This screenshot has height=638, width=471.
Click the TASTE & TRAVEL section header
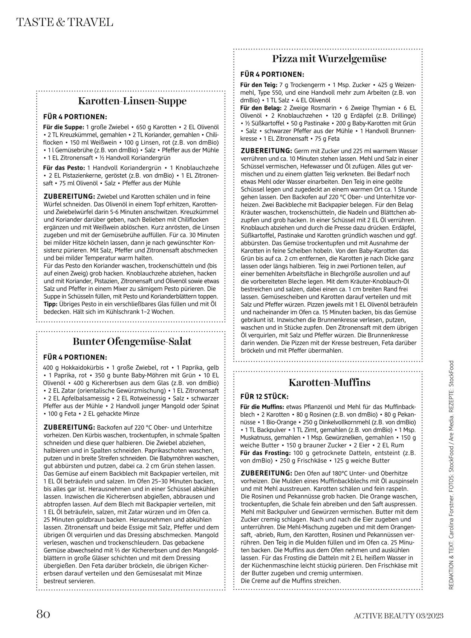[x=65, y=22]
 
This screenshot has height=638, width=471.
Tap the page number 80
[x=43, y=614]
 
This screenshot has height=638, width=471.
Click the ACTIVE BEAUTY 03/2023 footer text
[x=398, y=616]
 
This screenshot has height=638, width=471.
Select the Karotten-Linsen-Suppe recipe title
[x=132, y=101]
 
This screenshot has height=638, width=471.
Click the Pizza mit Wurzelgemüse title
[x=329, y=59]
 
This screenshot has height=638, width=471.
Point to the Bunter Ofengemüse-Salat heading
[x=132, y=341]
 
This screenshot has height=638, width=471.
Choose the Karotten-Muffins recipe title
[x=329, y=382]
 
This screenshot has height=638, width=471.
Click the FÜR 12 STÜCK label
[x=265, y=397]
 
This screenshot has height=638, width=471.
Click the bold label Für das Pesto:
[x=64, y=168]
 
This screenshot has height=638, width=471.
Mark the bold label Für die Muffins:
[x=262, y=407]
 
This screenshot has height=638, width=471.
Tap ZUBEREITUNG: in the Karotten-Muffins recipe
[x=266, y=473]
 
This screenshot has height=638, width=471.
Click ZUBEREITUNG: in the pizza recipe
[x=266, y=151]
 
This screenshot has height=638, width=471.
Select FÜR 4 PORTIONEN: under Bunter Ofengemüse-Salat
[x=75, y=357]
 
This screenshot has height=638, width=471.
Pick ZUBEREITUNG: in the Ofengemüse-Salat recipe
[x=69, y=427]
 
